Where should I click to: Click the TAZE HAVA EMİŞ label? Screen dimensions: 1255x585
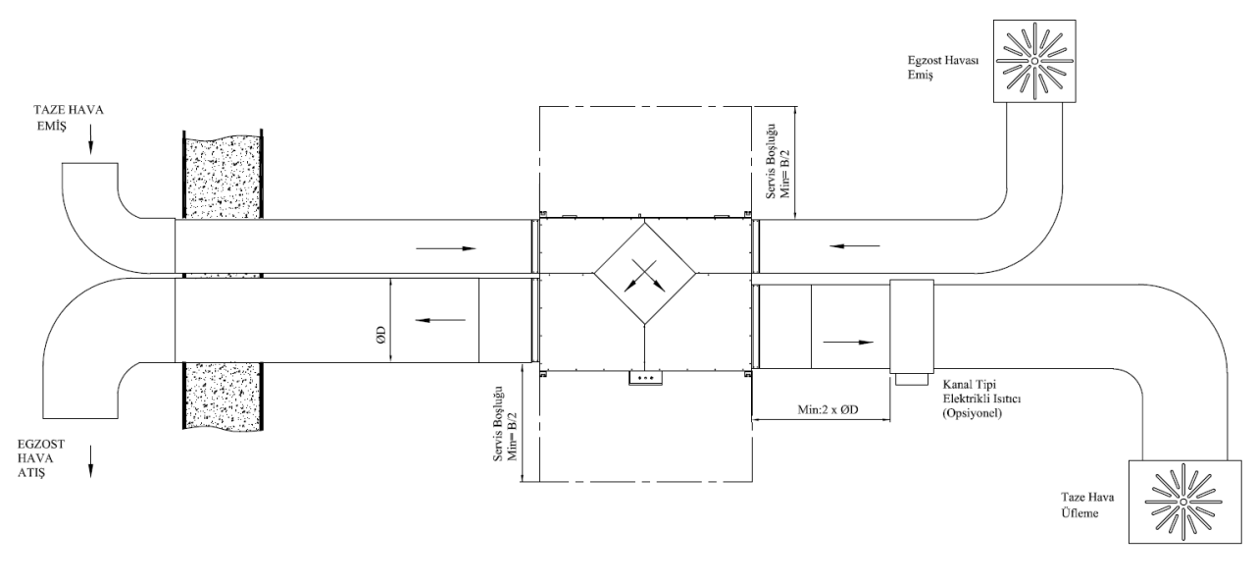coord(69,118)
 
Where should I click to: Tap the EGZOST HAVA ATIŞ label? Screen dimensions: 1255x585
coord(41,458)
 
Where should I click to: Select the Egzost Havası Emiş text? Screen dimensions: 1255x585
coord(943,68)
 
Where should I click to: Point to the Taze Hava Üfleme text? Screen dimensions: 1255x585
coord(1087,505)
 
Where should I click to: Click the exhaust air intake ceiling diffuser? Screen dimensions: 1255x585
coord(1034,61)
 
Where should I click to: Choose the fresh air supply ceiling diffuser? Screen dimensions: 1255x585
coord(1184,502)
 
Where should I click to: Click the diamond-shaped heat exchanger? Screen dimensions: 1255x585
coord(645,274)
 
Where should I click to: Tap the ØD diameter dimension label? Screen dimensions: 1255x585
coord(381,335)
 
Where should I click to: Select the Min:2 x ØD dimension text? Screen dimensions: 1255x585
coord(828,409)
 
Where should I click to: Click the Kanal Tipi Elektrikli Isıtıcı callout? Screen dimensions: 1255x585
coord(981,399)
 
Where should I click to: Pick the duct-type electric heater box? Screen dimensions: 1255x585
coord(912,327)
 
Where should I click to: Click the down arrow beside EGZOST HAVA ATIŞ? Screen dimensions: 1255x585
coord(91,461)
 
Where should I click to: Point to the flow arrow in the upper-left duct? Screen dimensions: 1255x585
coord(446,248)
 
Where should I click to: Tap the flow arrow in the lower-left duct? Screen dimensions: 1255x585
coord(440,320)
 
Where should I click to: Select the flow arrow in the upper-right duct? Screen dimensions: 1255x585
coord(855,245)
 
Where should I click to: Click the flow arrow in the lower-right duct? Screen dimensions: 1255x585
coord(848,343)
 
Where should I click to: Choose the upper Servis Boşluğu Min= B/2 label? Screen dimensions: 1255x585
coord(778,161)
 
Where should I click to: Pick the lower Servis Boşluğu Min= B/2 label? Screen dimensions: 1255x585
coord(505,424)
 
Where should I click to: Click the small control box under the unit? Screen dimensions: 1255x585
coord(645,378)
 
